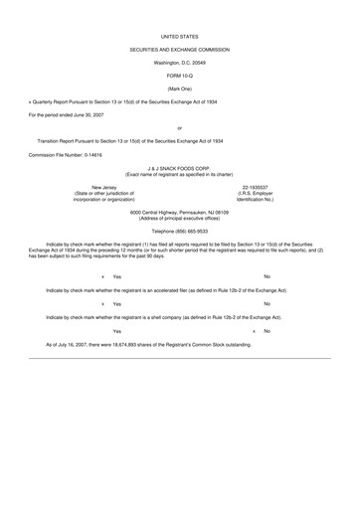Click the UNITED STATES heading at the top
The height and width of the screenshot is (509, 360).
point(179,34)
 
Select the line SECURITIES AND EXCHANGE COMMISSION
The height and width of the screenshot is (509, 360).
point(179,48)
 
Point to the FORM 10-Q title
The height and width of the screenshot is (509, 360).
point(179,76)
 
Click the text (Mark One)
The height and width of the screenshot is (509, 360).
point(179,88)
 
